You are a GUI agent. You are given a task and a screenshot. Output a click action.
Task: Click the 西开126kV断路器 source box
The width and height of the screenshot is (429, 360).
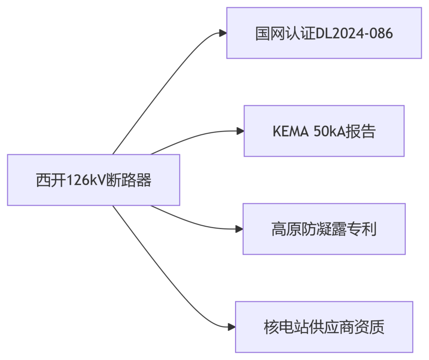pos(93,180)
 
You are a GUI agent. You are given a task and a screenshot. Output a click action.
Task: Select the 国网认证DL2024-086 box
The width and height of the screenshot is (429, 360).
pos(324,33)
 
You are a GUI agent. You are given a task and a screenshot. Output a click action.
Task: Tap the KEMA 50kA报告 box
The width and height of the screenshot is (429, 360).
pos(324,131)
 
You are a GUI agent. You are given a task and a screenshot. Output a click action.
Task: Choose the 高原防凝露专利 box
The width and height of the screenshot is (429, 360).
pos(324,229)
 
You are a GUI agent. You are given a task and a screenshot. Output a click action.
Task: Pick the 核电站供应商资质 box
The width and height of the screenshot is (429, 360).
pos(324,327)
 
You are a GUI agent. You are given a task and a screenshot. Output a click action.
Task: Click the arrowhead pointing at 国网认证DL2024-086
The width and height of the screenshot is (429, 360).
pos(223,33)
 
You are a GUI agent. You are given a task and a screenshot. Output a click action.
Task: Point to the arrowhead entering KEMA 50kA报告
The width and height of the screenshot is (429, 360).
pos(240,131)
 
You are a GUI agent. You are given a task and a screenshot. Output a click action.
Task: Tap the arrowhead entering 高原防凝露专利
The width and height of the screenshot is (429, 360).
pos(239,229)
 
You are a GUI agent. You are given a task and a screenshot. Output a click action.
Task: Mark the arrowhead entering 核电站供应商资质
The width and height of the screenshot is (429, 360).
pos(232,327)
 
